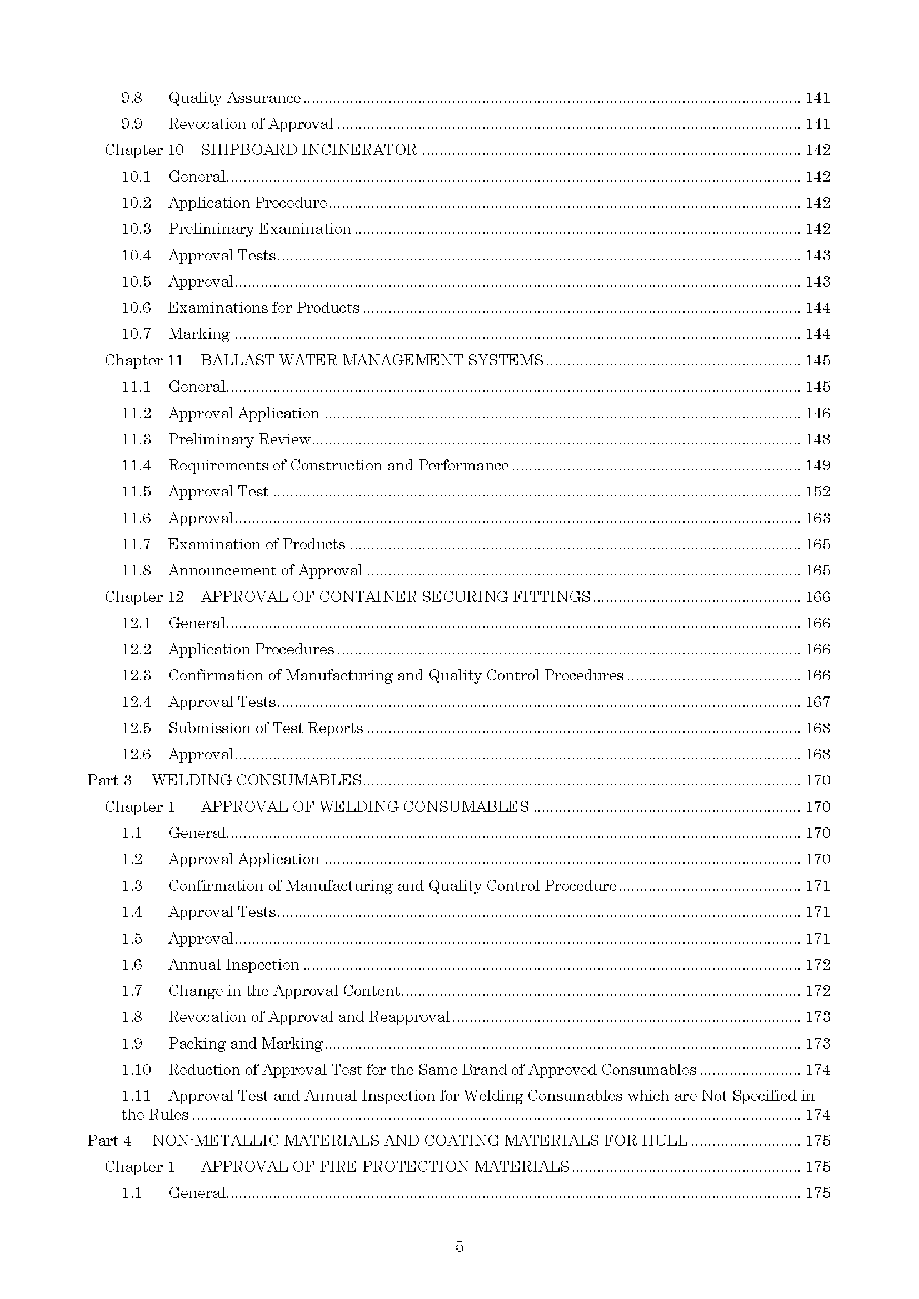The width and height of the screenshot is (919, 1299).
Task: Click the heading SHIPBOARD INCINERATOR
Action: click(x=308, y=150)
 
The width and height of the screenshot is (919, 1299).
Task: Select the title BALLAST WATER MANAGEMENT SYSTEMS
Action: click(x=372, y=360)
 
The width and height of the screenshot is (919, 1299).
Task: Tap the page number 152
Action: click(x=818, y=491)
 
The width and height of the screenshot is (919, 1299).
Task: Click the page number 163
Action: click(x=818, y=518)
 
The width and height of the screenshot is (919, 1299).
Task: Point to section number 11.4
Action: click(x=136, y=465)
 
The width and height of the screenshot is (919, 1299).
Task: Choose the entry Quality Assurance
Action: click(x=234, y=98)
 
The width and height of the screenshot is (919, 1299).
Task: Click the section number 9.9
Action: click(x=131, y=124)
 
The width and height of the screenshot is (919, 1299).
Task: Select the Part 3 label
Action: click(x=109, y=780)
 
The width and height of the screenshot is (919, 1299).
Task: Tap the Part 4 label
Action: click(x=109, y=1141)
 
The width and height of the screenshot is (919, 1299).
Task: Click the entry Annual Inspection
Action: click(x=234, y=965)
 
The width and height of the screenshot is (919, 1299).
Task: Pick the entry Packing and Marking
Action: click(x=245, y=1044)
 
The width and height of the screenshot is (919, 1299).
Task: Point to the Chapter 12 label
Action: click(x=144, y=597)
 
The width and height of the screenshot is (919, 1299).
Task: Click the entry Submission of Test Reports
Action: click(x=266, y=728)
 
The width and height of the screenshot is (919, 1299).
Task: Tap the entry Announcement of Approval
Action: click(x=266, y=570)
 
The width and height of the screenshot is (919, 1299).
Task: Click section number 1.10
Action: click(x=136, y=1070)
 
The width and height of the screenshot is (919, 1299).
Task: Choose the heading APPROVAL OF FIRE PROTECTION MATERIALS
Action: click(x=385, y=1167)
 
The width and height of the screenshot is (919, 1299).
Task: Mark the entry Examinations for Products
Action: click(x=264, y=308)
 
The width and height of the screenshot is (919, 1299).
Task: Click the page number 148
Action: click(x=818, y=440)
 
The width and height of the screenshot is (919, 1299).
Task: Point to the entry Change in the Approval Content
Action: click(x=284, y=991)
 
